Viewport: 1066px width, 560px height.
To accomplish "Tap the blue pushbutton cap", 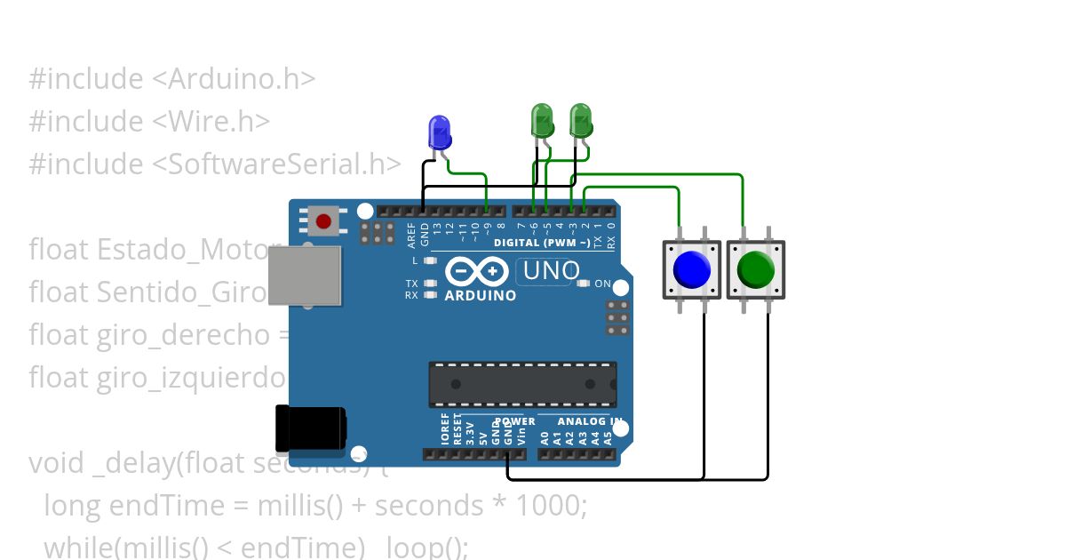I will click(x=692, y=269).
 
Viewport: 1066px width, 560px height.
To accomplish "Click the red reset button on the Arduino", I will click(x=323, y=220).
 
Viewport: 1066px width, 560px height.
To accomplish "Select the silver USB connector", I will click(x=305, y=276).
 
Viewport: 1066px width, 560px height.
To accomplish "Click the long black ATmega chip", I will click(x=522, y=384).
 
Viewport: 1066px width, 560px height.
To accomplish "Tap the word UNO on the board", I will click(x=551, y=271).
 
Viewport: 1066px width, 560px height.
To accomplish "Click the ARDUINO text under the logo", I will click(x=480, y=296).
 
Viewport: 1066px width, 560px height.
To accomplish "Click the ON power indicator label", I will click(x=602, y=284).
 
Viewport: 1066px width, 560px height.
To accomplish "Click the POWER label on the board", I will click(x=515, y=421).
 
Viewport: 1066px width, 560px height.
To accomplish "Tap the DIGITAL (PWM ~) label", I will click(x=542, y=243).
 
